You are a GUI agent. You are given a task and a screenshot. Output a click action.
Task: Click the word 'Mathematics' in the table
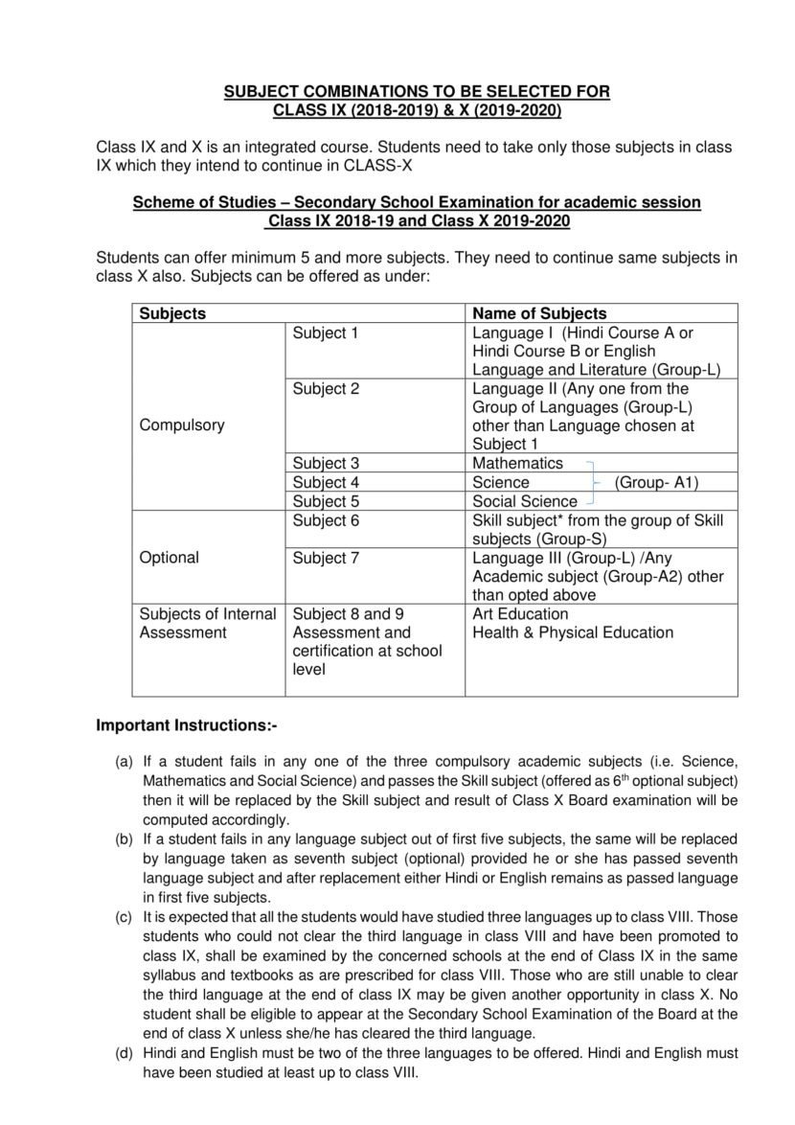(517, 464)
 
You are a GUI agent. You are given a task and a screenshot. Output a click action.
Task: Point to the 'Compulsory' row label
(182, 425)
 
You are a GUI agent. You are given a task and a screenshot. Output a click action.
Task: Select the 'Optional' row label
(170, 558)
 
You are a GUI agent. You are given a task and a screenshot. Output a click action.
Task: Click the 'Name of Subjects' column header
(540, 313)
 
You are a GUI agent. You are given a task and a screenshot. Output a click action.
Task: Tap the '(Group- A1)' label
(656, 483)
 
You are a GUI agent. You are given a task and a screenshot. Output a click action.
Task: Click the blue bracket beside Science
(594, 482)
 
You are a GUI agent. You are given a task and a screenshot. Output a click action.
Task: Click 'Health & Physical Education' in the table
(573, 632)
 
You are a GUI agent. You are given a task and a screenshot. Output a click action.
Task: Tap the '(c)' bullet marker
(124, 917)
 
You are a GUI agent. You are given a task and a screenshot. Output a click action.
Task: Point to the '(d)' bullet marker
(124, 1053)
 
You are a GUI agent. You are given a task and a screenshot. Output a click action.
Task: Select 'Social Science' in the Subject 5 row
(525, 501)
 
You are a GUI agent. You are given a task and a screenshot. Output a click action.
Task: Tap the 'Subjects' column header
(172, 313)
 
